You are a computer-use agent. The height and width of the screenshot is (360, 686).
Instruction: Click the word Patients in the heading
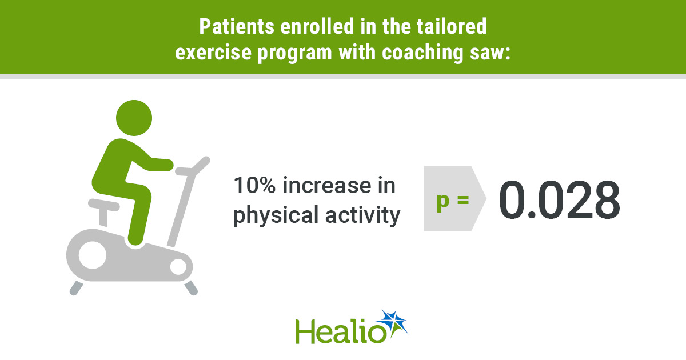click(x=237, y=26)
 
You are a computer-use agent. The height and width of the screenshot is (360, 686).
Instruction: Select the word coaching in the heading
click(x=422, y=53)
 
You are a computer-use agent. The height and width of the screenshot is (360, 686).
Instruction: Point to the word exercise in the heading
click(x=213, y=53)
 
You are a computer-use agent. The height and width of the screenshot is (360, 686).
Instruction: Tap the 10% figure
click(x=254, y=185)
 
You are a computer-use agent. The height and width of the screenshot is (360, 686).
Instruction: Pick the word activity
click(x=363, y=215)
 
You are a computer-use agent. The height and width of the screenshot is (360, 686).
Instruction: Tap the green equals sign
click(x=463, y=200)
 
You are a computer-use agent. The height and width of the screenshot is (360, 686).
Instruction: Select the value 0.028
click(x=560, y=200)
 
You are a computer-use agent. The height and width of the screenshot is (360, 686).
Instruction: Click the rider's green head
click(x=134, y=118)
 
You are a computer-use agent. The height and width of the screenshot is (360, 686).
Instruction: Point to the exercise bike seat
click(x=103, y=205)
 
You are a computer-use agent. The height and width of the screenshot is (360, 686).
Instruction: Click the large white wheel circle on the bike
click(x=93, y=255)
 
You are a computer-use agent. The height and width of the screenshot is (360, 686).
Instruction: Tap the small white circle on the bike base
click(x=178, y=267)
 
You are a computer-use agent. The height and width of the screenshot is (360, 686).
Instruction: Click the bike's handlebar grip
click(x=201, y=165)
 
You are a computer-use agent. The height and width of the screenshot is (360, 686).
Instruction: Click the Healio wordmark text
click(x=341, y=331)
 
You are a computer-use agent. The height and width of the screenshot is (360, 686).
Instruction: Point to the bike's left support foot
click(x=76, y=288)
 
